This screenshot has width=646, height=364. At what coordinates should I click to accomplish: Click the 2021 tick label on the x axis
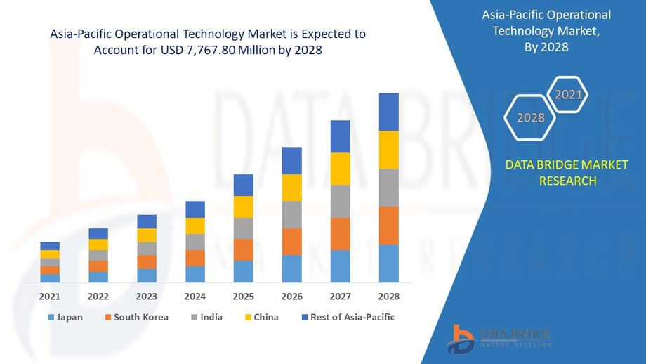point(50,296)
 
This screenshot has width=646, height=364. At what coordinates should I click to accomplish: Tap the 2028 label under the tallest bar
point(388,296)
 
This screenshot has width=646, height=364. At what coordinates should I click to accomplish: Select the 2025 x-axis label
point(244,296)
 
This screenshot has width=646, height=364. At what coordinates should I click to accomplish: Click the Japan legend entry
point(65,317)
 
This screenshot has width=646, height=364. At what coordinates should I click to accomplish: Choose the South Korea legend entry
point(137,317)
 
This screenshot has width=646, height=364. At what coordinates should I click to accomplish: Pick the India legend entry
point(206,317)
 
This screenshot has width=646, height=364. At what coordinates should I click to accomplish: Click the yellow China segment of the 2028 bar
point(388,150)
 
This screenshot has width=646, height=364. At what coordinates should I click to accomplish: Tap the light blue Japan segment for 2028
point(388,264)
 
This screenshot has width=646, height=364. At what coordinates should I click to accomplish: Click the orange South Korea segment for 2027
point(341,234)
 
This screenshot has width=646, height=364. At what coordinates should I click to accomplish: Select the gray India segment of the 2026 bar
point(292,215)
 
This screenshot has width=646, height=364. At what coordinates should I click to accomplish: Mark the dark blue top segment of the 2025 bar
point(244,185)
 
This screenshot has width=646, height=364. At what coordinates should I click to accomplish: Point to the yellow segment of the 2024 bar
point(195,226)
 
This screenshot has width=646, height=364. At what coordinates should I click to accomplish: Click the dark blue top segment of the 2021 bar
point(50,246)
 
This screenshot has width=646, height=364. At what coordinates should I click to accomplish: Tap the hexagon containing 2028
point(531,118)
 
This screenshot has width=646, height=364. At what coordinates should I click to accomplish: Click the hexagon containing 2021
point(567,94)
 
